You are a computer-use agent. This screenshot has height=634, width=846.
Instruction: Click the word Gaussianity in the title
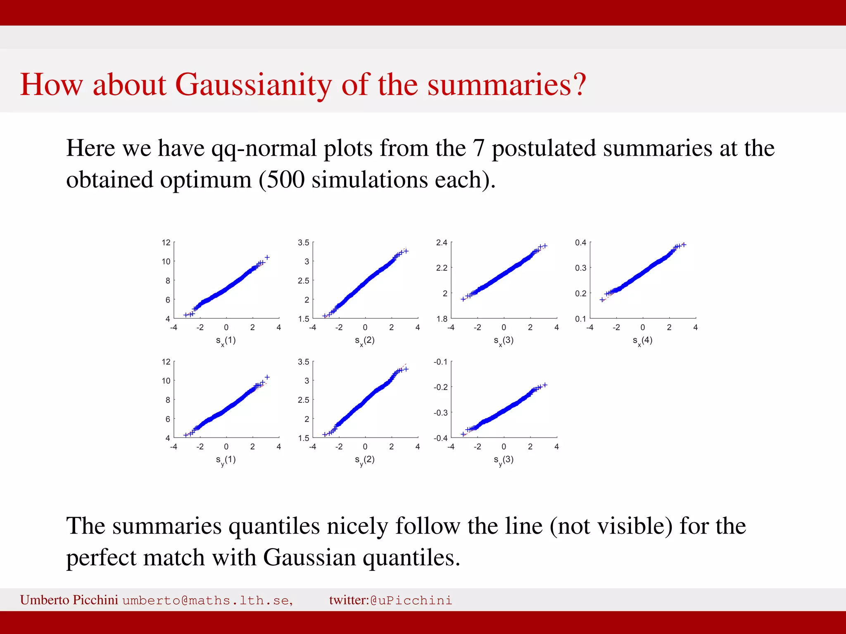point(253,85)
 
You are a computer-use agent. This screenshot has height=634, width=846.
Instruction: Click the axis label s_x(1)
point(226,341)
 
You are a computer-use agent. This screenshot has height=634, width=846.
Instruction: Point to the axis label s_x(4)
point(642,341)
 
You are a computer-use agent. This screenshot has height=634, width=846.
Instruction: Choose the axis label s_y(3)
point(504,460)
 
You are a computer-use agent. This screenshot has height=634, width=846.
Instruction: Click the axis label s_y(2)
point(365,460)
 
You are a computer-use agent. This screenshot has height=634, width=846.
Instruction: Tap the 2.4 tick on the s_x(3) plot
point(442,242)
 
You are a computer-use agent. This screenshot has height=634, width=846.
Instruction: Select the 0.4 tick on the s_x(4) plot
point(580,242)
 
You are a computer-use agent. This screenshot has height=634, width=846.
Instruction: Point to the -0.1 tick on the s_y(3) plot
point(440,362)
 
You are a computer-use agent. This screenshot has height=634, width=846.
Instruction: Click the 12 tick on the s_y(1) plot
point(166,362)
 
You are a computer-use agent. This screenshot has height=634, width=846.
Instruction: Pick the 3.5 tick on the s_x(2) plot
point(303,242)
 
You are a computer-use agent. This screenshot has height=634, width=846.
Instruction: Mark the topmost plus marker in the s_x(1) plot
point(267,257)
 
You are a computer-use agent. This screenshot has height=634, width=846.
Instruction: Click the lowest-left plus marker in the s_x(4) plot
point(602,300)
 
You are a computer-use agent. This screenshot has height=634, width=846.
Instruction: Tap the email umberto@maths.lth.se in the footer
point(207,600)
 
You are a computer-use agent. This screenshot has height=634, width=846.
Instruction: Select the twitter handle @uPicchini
point(411,600)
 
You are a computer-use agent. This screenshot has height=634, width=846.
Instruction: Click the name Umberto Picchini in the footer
point(69,600)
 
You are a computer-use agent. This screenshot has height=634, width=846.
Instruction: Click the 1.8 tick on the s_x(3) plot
point(442,319)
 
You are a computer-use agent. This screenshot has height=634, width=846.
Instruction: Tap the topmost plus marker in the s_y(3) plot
point(545,385)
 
